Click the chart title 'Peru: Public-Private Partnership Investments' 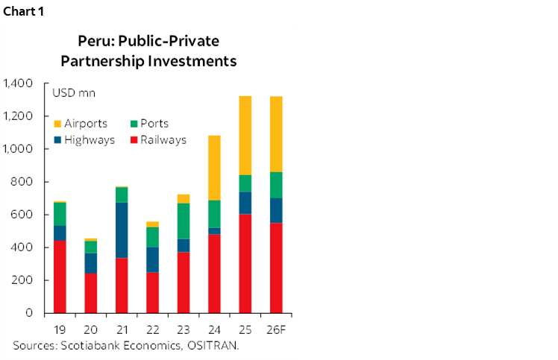coord(150,51)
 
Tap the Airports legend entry coord(85,124)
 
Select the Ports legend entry coord(154,124)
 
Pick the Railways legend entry coord(162,139)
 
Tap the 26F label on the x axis coord(275,329)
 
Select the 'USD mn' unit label coord(68,93)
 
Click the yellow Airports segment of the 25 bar coord(245,135)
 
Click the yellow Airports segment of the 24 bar coord(213,168)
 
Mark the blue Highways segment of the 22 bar coord(152,259)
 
